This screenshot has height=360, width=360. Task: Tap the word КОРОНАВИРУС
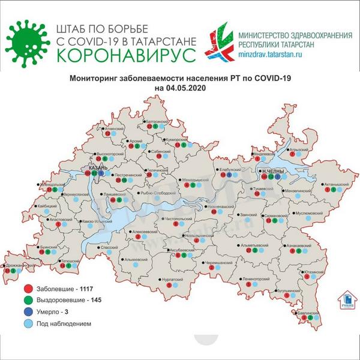click(x=125, y=55)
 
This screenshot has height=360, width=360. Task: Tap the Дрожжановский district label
click(x=19, y=265)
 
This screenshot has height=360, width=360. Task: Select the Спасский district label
click(x=109, y=247)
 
